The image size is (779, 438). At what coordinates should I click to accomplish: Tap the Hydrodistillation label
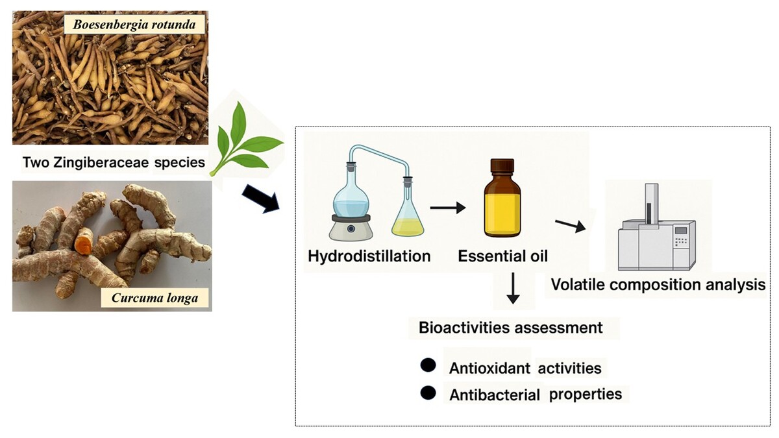[x=369, y=256]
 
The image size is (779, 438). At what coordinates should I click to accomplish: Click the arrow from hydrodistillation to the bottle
[x=448, y=208]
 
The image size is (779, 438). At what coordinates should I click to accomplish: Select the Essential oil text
[x=502, y=256]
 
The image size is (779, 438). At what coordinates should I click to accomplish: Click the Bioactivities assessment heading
[x=511, y=328]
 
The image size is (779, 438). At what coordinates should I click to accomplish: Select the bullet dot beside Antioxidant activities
[x=428, y=365]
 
